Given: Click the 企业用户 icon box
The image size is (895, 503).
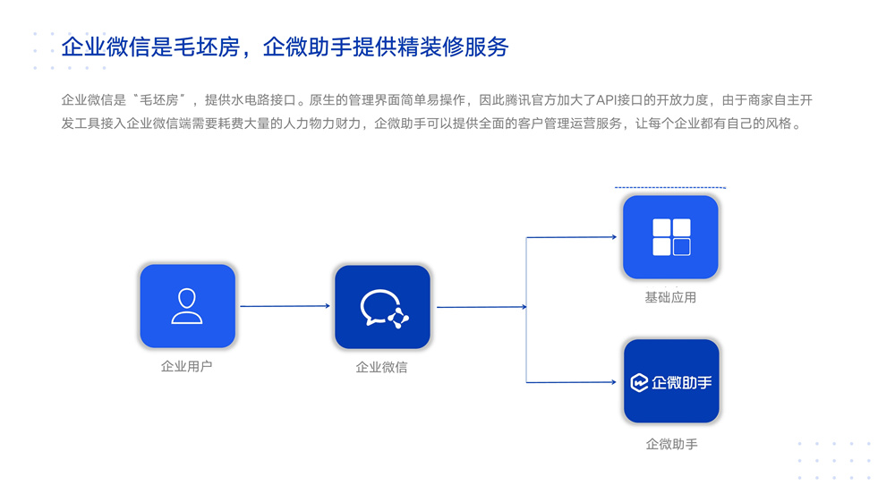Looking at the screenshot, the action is point(188,306).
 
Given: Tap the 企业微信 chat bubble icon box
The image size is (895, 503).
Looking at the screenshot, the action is point(382,307).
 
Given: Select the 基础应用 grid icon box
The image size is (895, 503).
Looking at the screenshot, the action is point(670,237).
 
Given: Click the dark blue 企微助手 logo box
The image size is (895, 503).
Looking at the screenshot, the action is point(671,381).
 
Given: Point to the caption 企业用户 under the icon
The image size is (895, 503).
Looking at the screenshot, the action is point(187,367).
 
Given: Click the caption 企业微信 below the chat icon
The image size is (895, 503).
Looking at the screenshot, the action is point(382,367).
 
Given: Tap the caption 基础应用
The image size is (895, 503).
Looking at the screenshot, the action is point(670,297).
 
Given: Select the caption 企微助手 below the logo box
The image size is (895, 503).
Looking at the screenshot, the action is point(672,444).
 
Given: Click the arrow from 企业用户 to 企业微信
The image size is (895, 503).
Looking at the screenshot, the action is point(285,306).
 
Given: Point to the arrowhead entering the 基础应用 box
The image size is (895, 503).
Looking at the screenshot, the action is point(614,236).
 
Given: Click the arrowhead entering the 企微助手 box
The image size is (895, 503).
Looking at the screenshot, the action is point(614,382).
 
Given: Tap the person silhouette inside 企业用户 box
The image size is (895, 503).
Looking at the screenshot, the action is point(187,306).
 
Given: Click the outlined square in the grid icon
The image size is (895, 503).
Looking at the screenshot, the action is point(681,247).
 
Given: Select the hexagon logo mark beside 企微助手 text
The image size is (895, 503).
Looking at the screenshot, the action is point(639,382).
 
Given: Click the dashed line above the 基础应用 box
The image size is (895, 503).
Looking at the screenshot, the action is point(670,187).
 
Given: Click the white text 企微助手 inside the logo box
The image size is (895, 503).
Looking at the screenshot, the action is point(681,382).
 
